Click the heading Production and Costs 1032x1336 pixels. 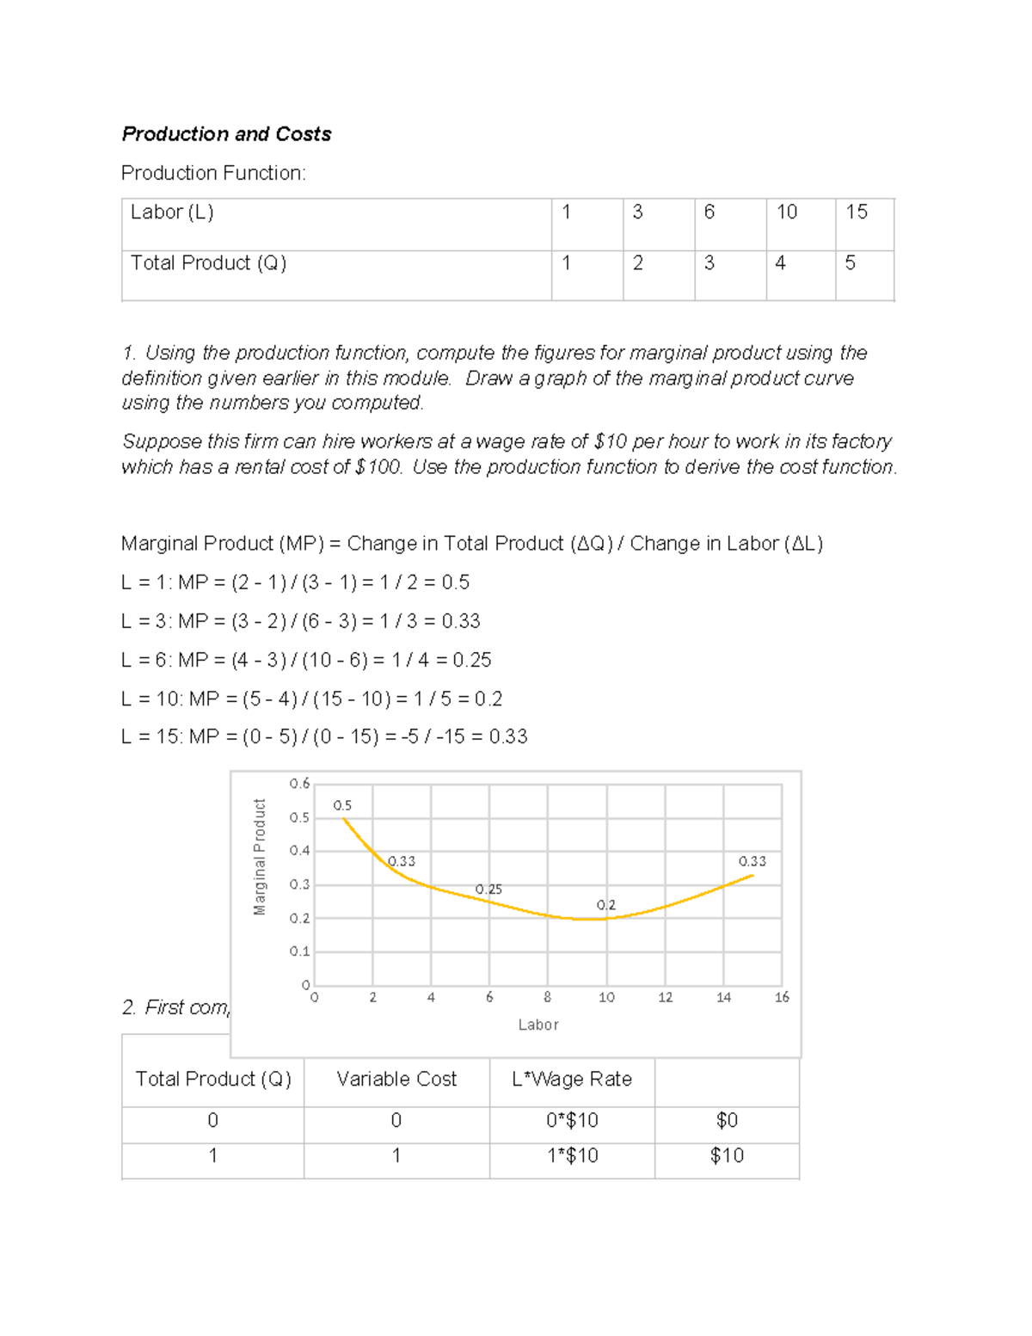[x=226, y=134]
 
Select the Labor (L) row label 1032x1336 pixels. [x=172, y=212]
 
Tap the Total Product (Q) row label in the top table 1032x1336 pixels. [x=208, y=263]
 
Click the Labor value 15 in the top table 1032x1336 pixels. [x=856, y=212]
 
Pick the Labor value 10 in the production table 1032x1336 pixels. [x=786, y=212]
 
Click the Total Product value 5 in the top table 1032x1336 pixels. [x=850, y=263]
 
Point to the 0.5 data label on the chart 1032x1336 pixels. [x=342, y=806]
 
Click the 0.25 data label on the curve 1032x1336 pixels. [x=488, y=890]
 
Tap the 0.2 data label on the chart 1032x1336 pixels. [x=605, y=905]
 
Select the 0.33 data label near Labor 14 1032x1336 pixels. [x=752, y=861]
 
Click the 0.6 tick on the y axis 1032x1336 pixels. [x=299, y=784]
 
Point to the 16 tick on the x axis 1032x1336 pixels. [x=781, y=998]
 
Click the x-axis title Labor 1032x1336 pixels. [x=538, y=1025]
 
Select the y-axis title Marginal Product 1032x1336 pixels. [x=260, y=857]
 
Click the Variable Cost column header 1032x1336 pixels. [x=396, y=1080]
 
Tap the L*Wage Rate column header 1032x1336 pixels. [x=572, y=1080]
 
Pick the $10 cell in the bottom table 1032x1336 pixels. [x=727, y=1156]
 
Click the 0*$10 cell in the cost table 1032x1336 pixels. [x=572, y=1121]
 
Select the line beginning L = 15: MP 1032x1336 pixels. [x=324, y=737]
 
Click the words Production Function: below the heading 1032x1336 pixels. [x=213, y=174]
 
